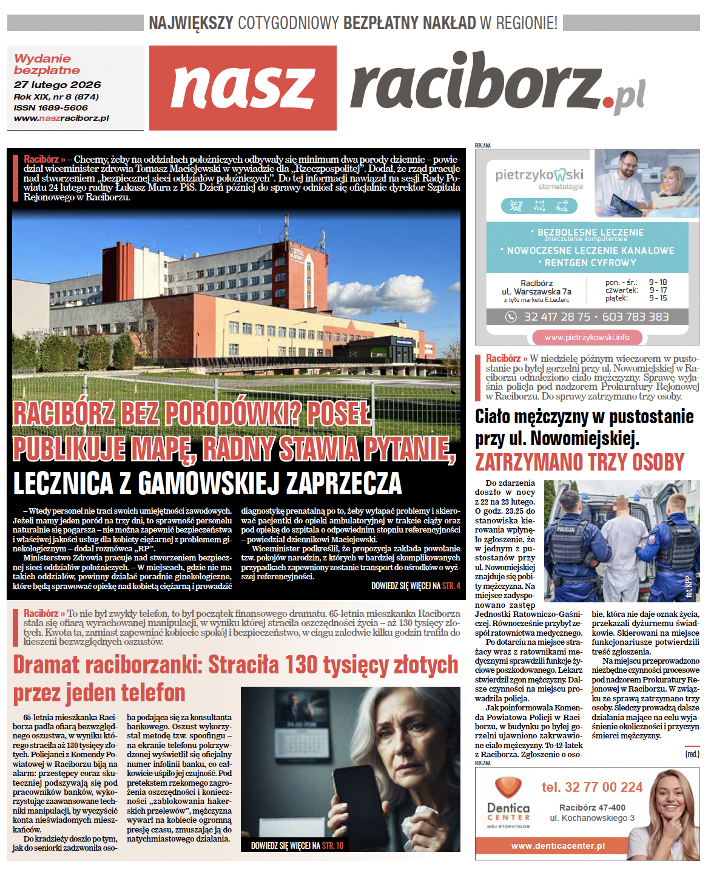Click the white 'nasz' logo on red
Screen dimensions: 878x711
[x=243, y=87]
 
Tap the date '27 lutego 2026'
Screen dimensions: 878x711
[x=57, y=85]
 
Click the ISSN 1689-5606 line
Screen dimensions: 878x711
[x=51, y=107]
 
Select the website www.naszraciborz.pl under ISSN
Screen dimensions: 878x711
[x=61, y=118]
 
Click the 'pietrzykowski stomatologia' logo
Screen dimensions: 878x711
[x=539, y=179]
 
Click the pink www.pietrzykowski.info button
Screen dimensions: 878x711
[x=587, y=338]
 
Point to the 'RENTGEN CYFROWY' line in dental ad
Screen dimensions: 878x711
[x=587, y=263]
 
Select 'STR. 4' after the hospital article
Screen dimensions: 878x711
[x=451, y=586]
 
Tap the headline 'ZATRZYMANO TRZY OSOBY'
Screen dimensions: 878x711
[x=579, y=463]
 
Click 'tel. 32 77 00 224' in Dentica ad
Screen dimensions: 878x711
[x=591, y=788]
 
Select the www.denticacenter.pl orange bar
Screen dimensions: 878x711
[x=558, y=846]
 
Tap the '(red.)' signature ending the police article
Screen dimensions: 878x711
[x=692, y=754]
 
